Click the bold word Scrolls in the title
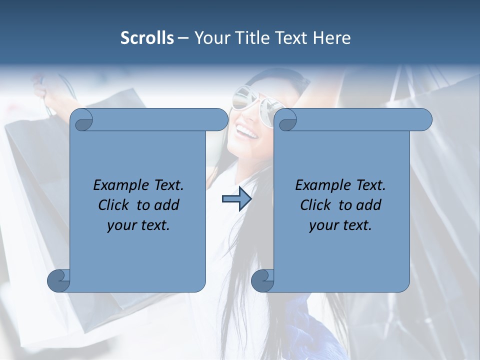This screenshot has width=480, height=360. (147, 38)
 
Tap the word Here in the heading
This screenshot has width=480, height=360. (332, 38)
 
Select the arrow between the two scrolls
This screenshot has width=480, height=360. (236, 199)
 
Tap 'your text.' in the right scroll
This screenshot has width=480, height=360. (340, 225)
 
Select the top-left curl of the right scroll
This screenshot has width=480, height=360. (287, 120)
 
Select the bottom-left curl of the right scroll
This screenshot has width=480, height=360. (262, 279)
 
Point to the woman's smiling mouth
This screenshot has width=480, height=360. (246, 133)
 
